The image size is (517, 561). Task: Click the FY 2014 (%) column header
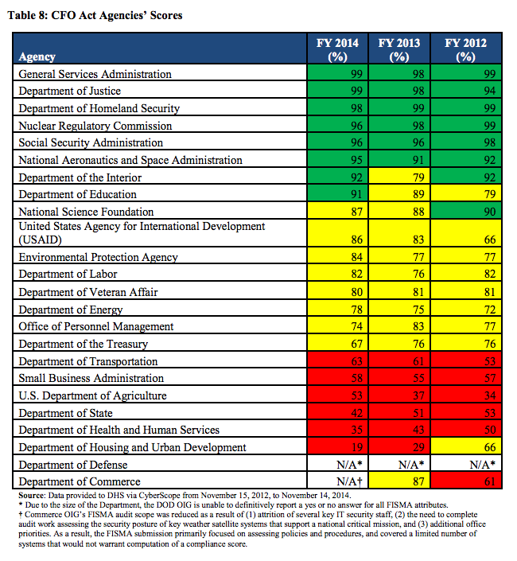click(x=337, y=49)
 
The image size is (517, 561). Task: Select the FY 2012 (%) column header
click(x=465, y=49)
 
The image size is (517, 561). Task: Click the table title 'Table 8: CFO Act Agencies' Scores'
click(x=95, y=15)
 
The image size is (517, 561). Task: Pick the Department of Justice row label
click(x=70, y=91)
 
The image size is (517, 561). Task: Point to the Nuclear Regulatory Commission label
click(x=95, y=126)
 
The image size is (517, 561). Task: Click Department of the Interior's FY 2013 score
click(x=418, y=177)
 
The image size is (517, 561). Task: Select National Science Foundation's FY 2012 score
click(x=489, y=212)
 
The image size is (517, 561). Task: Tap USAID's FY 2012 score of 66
click(x=489, y=240)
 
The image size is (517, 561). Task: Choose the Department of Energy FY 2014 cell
click(x=356, y=310)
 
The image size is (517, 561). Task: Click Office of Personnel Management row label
click(x=95, y=326)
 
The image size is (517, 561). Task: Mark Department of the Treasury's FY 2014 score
click(x=356, y=344)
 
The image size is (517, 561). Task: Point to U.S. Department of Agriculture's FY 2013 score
click(x=418, y=395)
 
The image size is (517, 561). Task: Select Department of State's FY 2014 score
click(x=356, y=413)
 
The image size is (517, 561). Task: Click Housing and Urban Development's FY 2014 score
click(x=356, y=447)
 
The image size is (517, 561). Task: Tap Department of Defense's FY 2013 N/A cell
click(x=411, y=465)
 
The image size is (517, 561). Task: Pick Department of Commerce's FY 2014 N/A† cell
click(x=349, y=481)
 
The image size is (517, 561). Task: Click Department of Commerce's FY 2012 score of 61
click(x=489, y=481)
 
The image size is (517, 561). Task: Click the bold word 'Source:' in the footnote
click(x=32, y=496)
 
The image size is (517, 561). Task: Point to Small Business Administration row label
click(x=91, y=378)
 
